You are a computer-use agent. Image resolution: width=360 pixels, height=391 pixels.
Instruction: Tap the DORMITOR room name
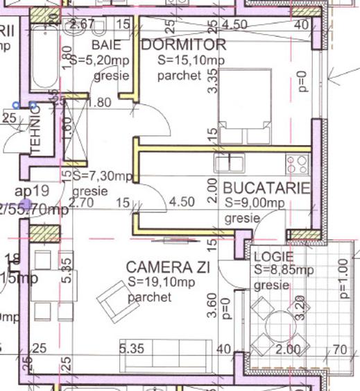183,45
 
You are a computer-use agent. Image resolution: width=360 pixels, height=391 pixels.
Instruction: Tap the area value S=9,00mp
255,203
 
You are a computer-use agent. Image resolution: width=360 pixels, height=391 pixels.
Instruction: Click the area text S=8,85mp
283,269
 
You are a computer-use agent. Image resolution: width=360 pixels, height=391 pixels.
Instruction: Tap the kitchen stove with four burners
298,164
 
